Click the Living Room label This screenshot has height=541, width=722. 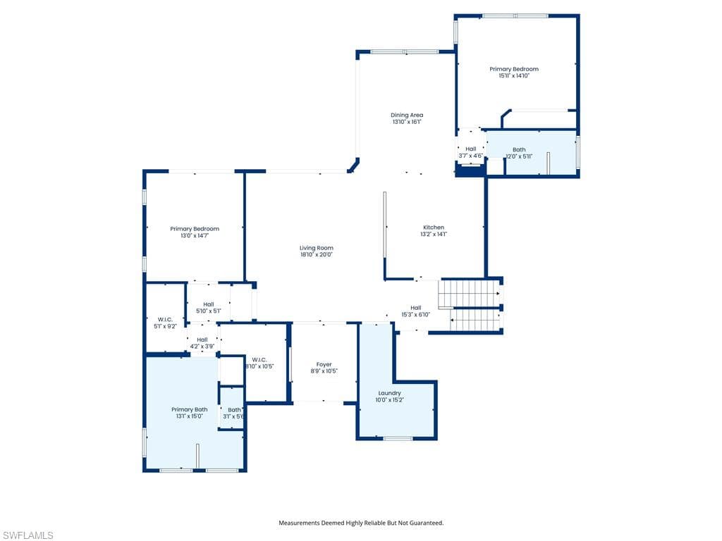coord(316,248)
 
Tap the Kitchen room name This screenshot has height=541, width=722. coord(434,228)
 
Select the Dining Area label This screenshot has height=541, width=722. coord(407,115)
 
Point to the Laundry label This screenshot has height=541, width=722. coord(389,393)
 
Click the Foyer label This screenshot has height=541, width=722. coord(324,364)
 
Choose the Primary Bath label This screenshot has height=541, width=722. coord(189,409)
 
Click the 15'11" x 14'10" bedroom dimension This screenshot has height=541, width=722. coord(514,75)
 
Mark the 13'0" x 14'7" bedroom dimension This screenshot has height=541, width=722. coord(195,235)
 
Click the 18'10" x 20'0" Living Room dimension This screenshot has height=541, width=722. coord(316,255)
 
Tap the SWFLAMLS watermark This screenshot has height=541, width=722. coord(27,535)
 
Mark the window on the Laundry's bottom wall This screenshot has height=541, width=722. coord(398,439)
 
